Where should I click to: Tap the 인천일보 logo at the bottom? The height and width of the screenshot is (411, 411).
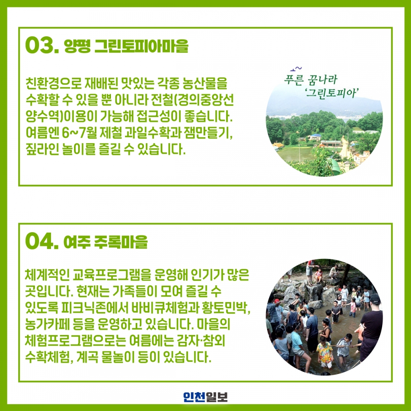205,397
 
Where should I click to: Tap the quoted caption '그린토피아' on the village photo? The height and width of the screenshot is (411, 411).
332,92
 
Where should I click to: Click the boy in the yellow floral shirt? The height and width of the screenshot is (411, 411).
325,352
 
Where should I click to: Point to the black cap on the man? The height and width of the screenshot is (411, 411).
375,299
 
